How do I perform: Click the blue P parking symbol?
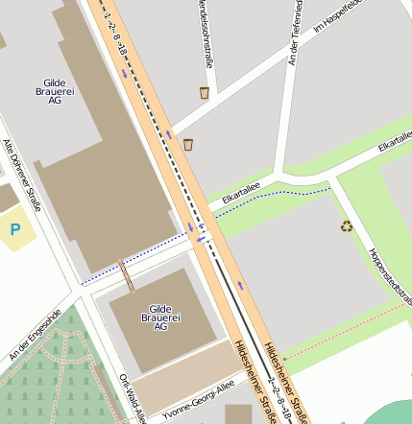(x=15, y=229)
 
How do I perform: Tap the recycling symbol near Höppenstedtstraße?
(x=346, y=226)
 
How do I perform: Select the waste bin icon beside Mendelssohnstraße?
(x=205, y=93)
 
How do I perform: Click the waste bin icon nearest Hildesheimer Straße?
(x=188, y=145)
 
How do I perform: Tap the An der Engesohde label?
(x=34, y=335)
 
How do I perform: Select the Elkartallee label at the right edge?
(x=396, y=142)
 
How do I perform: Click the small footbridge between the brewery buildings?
(x=126, y=274)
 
